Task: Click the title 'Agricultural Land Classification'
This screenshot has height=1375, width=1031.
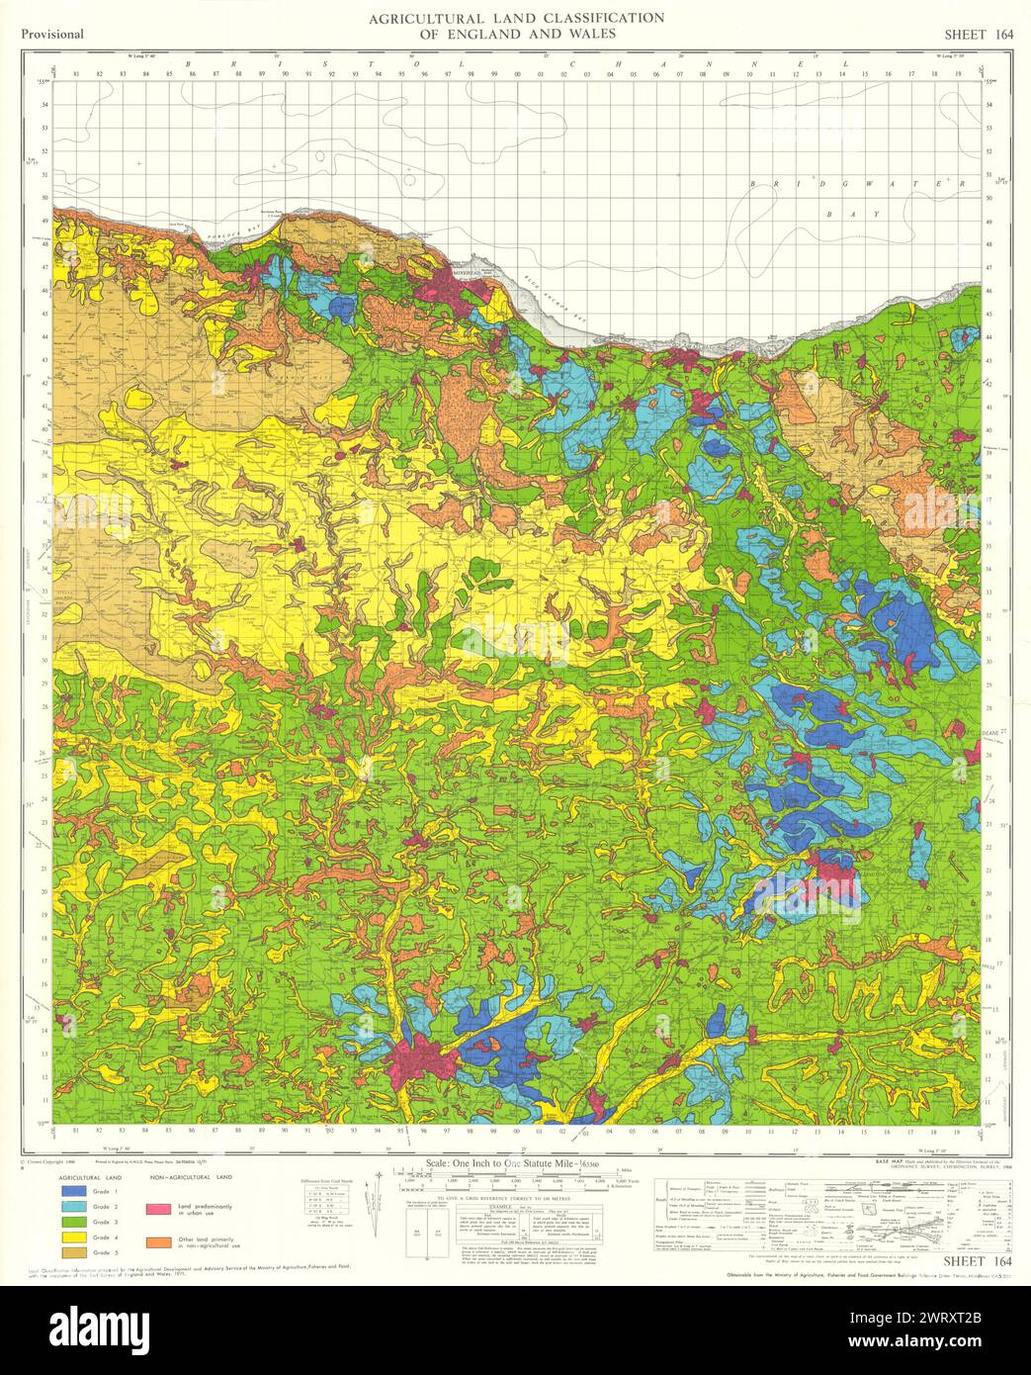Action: click(516, 19)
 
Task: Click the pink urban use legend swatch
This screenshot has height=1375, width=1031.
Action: click(156, 1209)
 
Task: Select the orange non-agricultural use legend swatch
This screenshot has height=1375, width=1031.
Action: click(156, 1238)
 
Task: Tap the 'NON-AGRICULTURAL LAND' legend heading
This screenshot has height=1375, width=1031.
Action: click(191, 1178)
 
